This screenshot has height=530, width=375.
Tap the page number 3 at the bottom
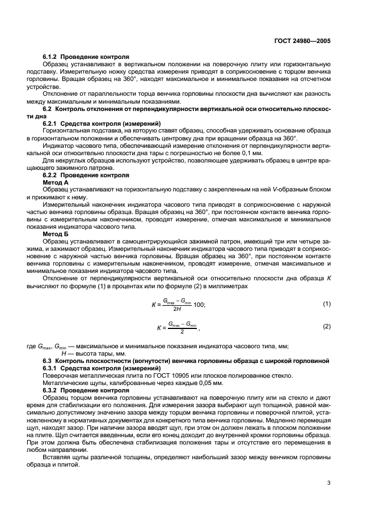(x=329, y=483)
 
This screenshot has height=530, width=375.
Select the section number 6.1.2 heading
(x=52, y=57)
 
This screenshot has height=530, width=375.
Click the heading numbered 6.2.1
(x=52, y=123)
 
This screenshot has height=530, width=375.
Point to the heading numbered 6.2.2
(x=52, y=175)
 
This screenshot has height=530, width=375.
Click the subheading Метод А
(x=55, y=183)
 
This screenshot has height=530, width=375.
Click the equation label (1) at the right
(x=326, y=304)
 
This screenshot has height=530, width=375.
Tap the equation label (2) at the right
(x=326, y=327)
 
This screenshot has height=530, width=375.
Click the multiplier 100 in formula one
(x=199, y=305)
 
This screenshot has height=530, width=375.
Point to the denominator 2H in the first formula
(x=176, y=309)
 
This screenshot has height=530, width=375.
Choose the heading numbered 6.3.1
(x=52, y=367)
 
